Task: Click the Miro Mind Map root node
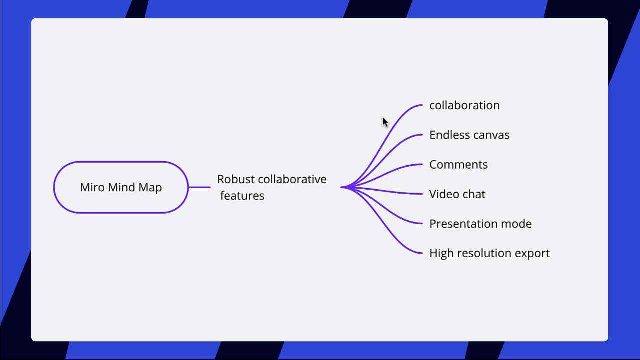coord(121,187)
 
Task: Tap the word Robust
coord(236,179)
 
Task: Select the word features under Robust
coord(242,196)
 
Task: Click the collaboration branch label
coord(464,105)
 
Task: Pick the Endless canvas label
coord(469,135)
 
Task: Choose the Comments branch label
coord(458,164)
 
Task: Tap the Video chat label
coord(457,194)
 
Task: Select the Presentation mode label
coord(480,224)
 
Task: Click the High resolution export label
coord(489,253)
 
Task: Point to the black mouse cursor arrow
coord(385,122)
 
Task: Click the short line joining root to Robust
coord(199,187)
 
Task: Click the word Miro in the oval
coord(91,188)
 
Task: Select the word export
coord(532,254)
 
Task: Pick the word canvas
coord(493,135)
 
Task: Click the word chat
coord(473,194)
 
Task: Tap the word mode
coord(517,224)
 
